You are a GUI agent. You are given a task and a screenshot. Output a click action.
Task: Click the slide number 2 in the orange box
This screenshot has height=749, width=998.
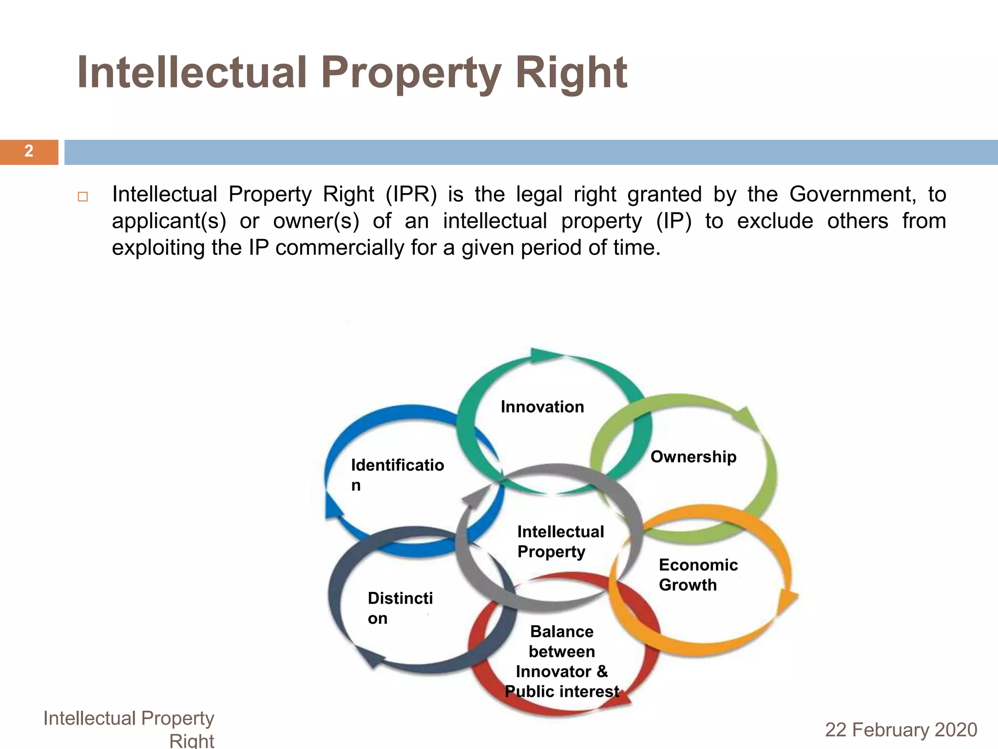[29, 151]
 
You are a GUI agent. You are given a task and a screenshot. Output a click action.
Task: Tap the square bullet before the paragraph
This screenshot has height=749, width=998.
[82, 197]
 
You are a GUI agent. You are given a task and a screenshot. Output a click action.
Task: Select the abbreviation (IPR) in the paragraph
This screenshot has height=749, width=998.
[411, 195]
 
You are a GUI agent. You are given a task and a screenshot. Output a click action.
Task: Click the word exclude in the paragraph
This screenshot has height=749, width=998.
[775, 221]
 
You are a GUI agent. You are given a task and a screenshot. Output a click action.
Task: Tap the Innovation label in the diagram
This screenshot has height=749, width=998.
[542, 407]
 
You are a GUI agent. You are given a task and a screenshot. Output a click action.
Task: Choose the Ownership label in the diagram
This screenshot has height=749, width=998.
[693, 457]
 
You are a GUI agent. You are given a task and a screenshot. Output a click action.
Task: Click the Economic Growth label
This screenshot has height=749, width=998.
[698, 575]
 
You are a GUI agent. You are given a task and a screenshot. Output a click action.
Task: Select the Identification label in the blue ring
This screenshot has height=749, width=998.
[397, 474]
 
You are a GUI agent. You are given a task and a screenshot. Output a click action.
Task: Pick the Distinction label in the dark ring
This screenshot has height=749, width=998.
[400, 608]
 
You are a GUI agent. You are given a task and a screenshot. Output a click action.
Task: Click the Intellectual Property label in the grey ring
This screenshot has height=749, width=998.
[560, 541]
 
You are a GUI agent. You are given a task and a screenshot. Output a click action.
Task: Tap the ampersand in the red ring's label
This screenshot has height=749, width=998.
[602, 671]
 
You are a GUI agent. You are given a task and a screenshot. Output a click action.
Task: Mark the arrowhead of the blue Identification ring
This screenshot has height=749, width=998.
[333, 509]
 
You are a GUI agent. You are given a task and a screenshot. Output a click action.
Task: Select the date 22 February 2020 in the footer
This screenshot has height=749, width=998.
[901, 730]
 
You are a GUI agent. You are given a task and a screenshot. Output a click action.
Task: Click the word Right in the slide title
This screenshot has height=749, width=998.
[571, 73]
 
